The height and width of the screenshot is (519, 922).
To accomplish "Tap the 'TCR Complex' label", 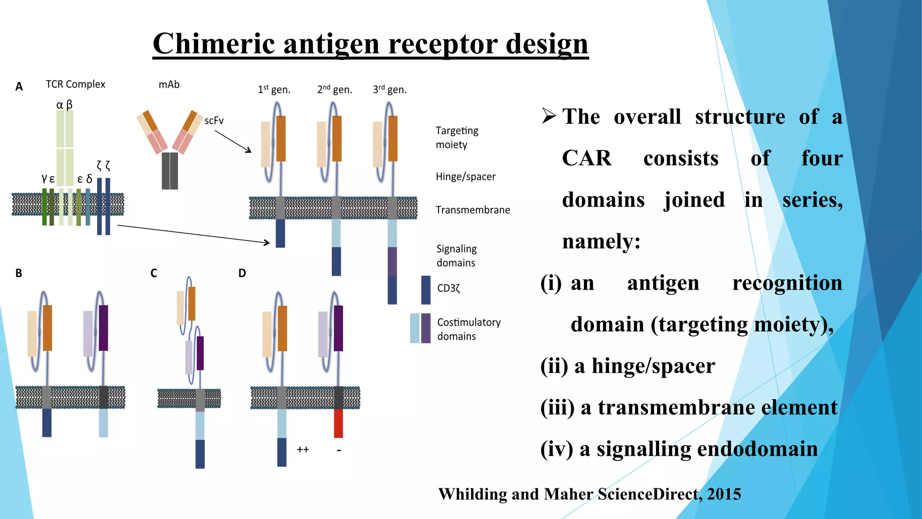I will click(x=75, y=84).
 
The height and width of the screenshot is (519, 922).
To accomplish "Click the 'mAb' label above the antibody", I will click(x=169, y=85).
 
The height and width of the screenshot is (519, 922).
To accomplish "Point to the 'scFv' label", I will click(x=214, y=121).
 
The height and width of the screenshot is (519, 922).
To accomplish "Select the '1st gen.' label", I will click(x=274, y=90).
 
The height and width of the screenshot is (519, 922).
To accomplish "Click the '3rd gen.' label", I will click(x=389, y=90).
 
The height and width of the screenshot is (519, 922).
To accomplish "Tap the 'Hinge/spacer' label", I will click(x=466, y=177).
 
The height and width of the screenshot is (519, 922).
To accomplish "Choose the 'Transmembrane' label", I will click(x=473, y=210).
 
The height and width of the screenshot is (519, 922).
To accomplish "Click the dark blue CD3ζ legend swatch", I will click(x=425, y=290).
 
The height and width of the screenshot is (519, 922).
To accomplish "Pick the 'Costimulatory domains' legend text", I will click(x=469, y=329).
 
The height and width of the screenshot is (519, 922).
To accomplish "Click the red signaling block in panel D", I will click(x=338, y=423).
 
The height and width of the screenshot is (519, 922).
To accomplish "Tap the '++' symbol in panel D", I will click(x=303, y=450).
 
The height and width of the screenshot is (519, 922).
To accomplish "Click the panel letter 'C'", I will click(x=154, y=273).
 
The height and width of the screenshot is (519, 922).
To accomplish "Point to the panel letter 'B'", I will click(x=18, y=273).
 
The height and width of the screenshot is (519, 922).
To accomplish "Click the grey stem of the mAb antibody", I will click(x=170, y=171).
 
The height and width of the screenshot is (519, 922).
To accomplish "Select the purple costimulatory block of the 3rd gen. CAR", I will click(x=392, y=261).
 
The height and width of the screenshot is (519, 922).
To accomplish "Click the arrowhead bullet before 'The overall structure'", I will click(x=549, y=116).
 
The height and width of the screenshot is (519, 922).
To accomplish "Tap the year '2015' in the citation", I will click(x=724, y=494).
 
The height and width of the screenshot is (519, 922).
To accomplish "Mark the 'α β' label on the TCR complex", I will click(x=64, y=105).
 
